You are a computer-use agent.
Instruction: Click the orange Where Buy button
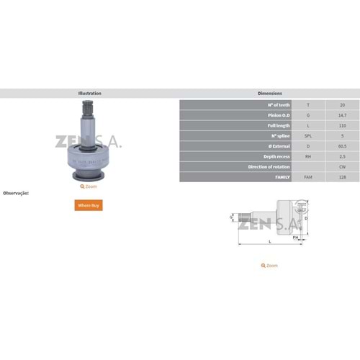coord(89,205)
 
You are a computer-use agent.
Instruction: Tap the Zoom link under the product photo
coord(89,186)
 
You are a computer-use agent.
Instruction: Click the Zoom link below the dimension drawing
coord(269,266)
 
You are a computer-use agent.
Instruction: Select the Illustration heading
coord(89,94)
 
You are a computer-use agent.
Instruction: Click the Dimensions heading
coord(269,94)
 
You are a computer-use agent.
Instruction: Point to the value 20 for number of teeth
coord(341,105)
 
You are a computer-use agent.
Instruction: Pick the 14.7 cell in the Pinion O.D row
coord(341,115)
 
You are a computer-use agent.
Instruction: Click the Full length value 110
coord(341,125)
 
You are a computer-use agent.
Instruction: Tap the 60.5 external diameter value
coord(341,145)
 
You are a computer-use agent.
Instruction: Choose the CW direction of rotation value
coord(341,166)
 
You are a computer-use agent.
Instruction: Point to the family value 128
coord(341,176)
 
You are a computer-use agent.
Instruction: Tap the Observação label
coord(16,193)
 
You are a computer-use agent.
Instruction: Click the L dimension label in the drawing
coord(270,242)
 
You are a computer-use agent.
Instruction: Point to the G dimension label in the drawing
coord(230,216)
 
